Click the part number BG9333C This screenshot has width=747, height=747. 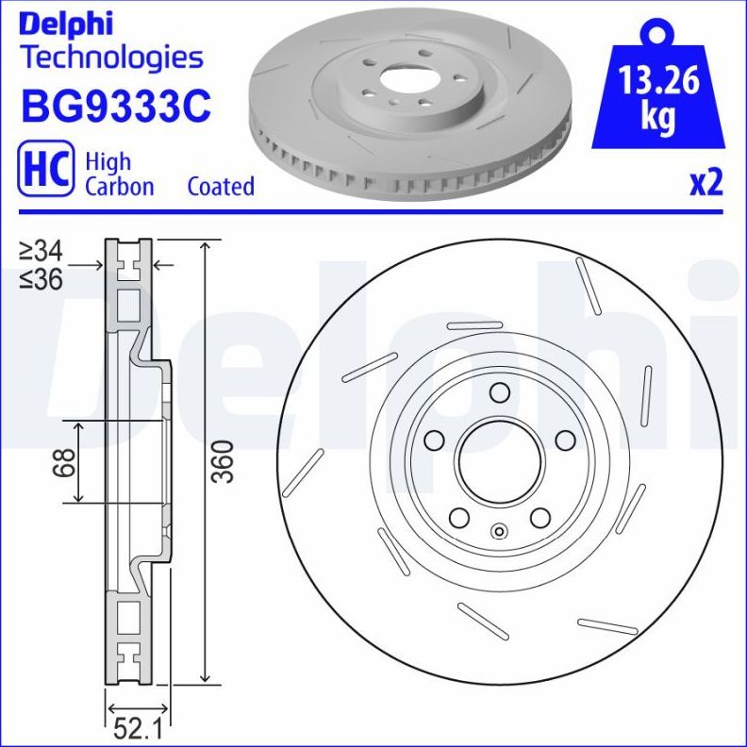point(114,107)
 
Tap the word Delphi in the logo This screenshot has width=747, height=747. point(66,21)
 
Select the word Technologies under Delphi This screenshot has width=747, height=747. point(111,57)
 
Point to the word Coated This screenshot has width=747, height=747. point(221,186)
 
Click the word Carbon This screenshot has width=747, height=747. point(119,186)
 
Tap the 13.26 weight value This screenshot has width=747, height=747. point(658,82)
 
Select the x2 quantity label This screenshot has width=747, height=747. point(705,182)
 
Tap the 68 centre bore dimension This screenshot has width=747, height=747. point(64,462)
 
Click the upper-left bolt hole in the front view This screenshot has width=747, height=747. point(435,440)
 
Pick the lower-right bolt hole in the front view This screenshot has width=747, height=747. point(540,518)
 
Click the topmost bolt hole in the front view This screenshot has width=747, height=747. point(500,393)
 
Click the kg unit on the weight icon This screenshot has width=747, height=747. point(658,117)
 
